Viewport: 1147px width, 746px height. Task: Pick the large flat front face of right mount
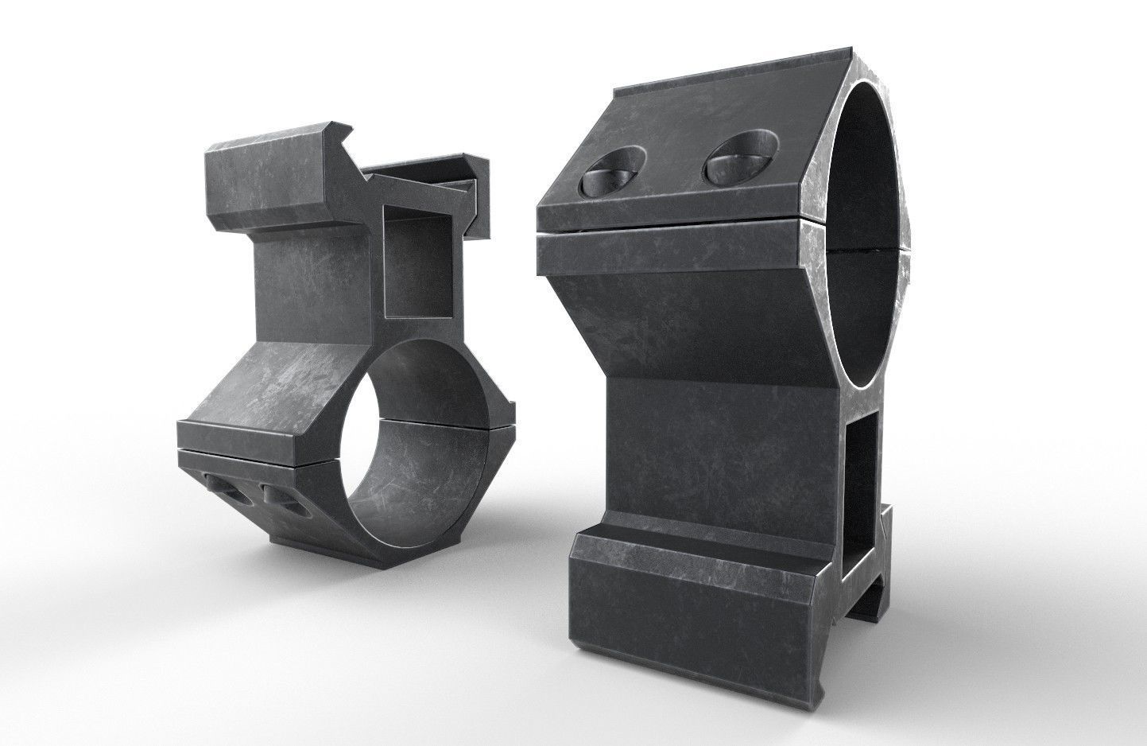pos(719,453)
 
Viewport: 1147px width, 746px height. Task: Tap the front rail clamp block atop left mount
pos(270,179)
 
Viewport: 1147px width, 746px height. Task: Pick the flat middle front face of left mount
pos(314,286)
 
